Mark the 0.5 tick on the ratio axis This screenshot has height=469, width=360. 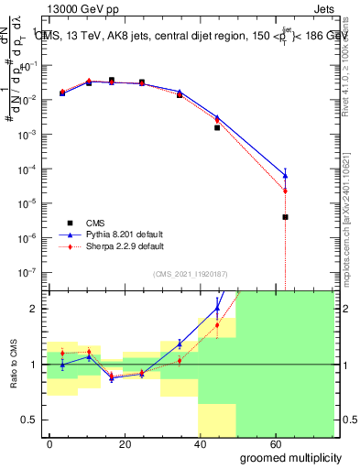coord(30,420)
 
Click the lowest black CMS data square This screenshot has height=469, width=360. coord(285,217)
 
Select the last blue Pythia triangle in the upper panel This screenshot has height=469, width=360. coord(285,175)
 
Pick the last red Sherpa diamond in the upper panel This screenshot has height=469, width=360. coord(285,191)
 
